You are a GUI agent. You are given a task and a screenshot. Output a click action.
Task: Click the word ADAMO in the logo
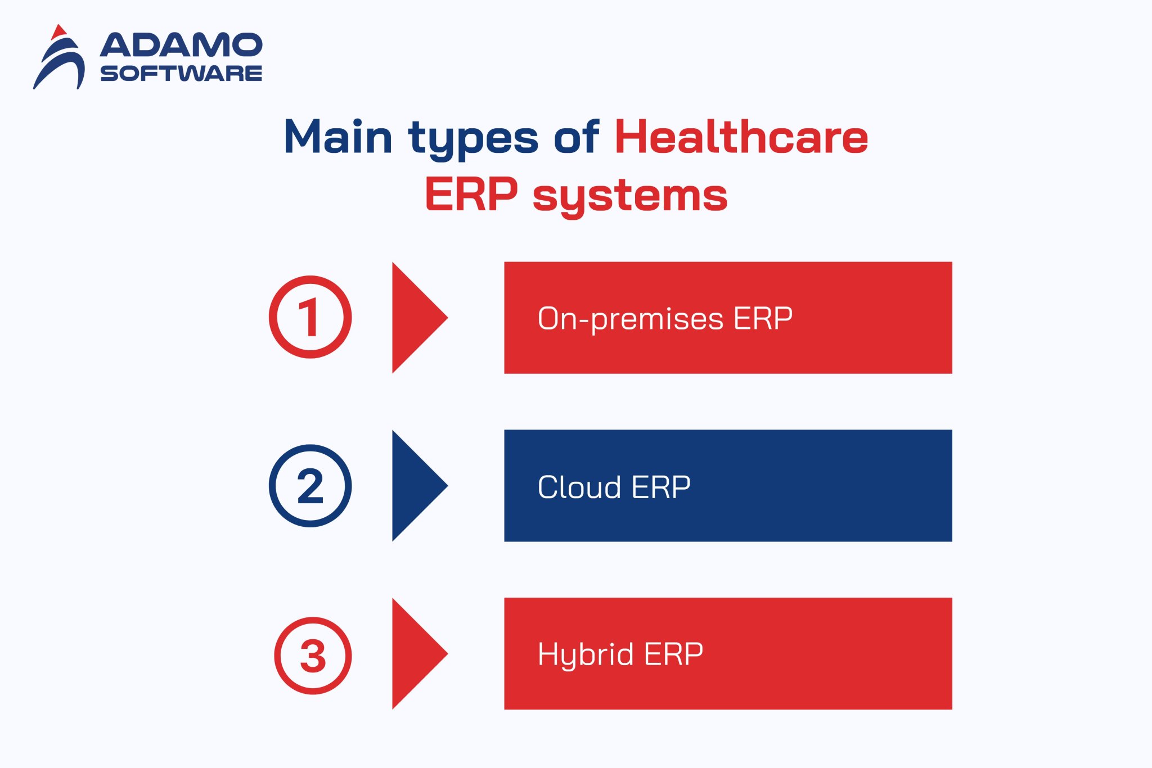(x=181, y=45)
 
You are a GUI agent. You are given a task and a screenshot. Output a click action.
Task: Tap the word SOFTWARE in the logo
(x=181, y=74)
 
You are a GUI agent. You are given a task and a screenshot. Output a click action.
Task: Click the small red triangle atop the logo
(x=58, y=32)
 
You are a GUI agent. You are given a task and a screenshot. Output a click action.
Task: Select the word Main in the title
(x=337, y=137)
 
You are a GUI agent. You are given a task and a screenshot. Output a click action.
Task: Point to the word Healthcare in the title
(x=741, y=137)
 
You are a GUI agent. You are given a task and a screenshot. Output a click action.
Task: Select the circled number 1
(x=310, y=317)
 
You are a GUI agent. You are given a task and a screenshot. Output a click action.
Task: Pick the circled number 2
(x=310, y=486)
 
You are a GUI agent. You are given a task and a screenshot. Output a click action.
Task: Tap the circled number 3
(x=313, y=656)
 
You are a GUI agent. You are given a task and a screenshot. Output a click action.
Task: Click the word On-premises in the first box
(x=630, y=319)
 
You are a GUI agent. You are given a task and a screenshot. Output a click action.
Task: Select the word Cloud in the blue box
(x=579, y=487)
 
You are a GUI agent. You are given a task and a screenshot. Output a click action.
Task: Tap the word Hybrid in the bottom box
(x=586, y=656)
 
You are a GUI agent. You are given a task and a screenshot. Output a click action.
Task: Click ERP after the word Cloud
(x=661, y=487)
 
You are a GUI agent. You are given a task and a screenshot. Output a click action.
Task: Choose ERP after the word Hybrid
(x=673, y=654)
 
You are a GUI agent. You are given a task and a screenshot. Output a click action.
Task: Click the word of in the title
(x=576, y=137)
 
